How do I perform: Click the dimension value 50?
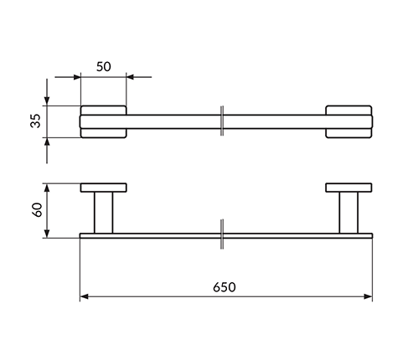point(104,67)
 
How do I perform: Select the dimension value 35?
point(36,121)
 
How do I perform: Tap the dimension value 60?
point(37,210)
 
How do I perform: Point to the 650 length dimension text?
point(224,287)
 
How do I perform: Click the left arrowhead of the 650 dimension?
point(84,296)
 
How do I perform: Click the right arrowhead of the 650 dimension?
point(368,296)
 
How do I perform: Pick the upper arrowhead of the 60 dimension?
point(47,188)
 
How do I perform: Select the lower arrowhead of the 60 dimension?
point(47,234)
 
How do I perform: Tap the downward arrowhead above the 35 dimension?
point(47,101)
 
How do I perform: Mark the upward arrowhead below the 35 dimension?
point(47,141)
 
